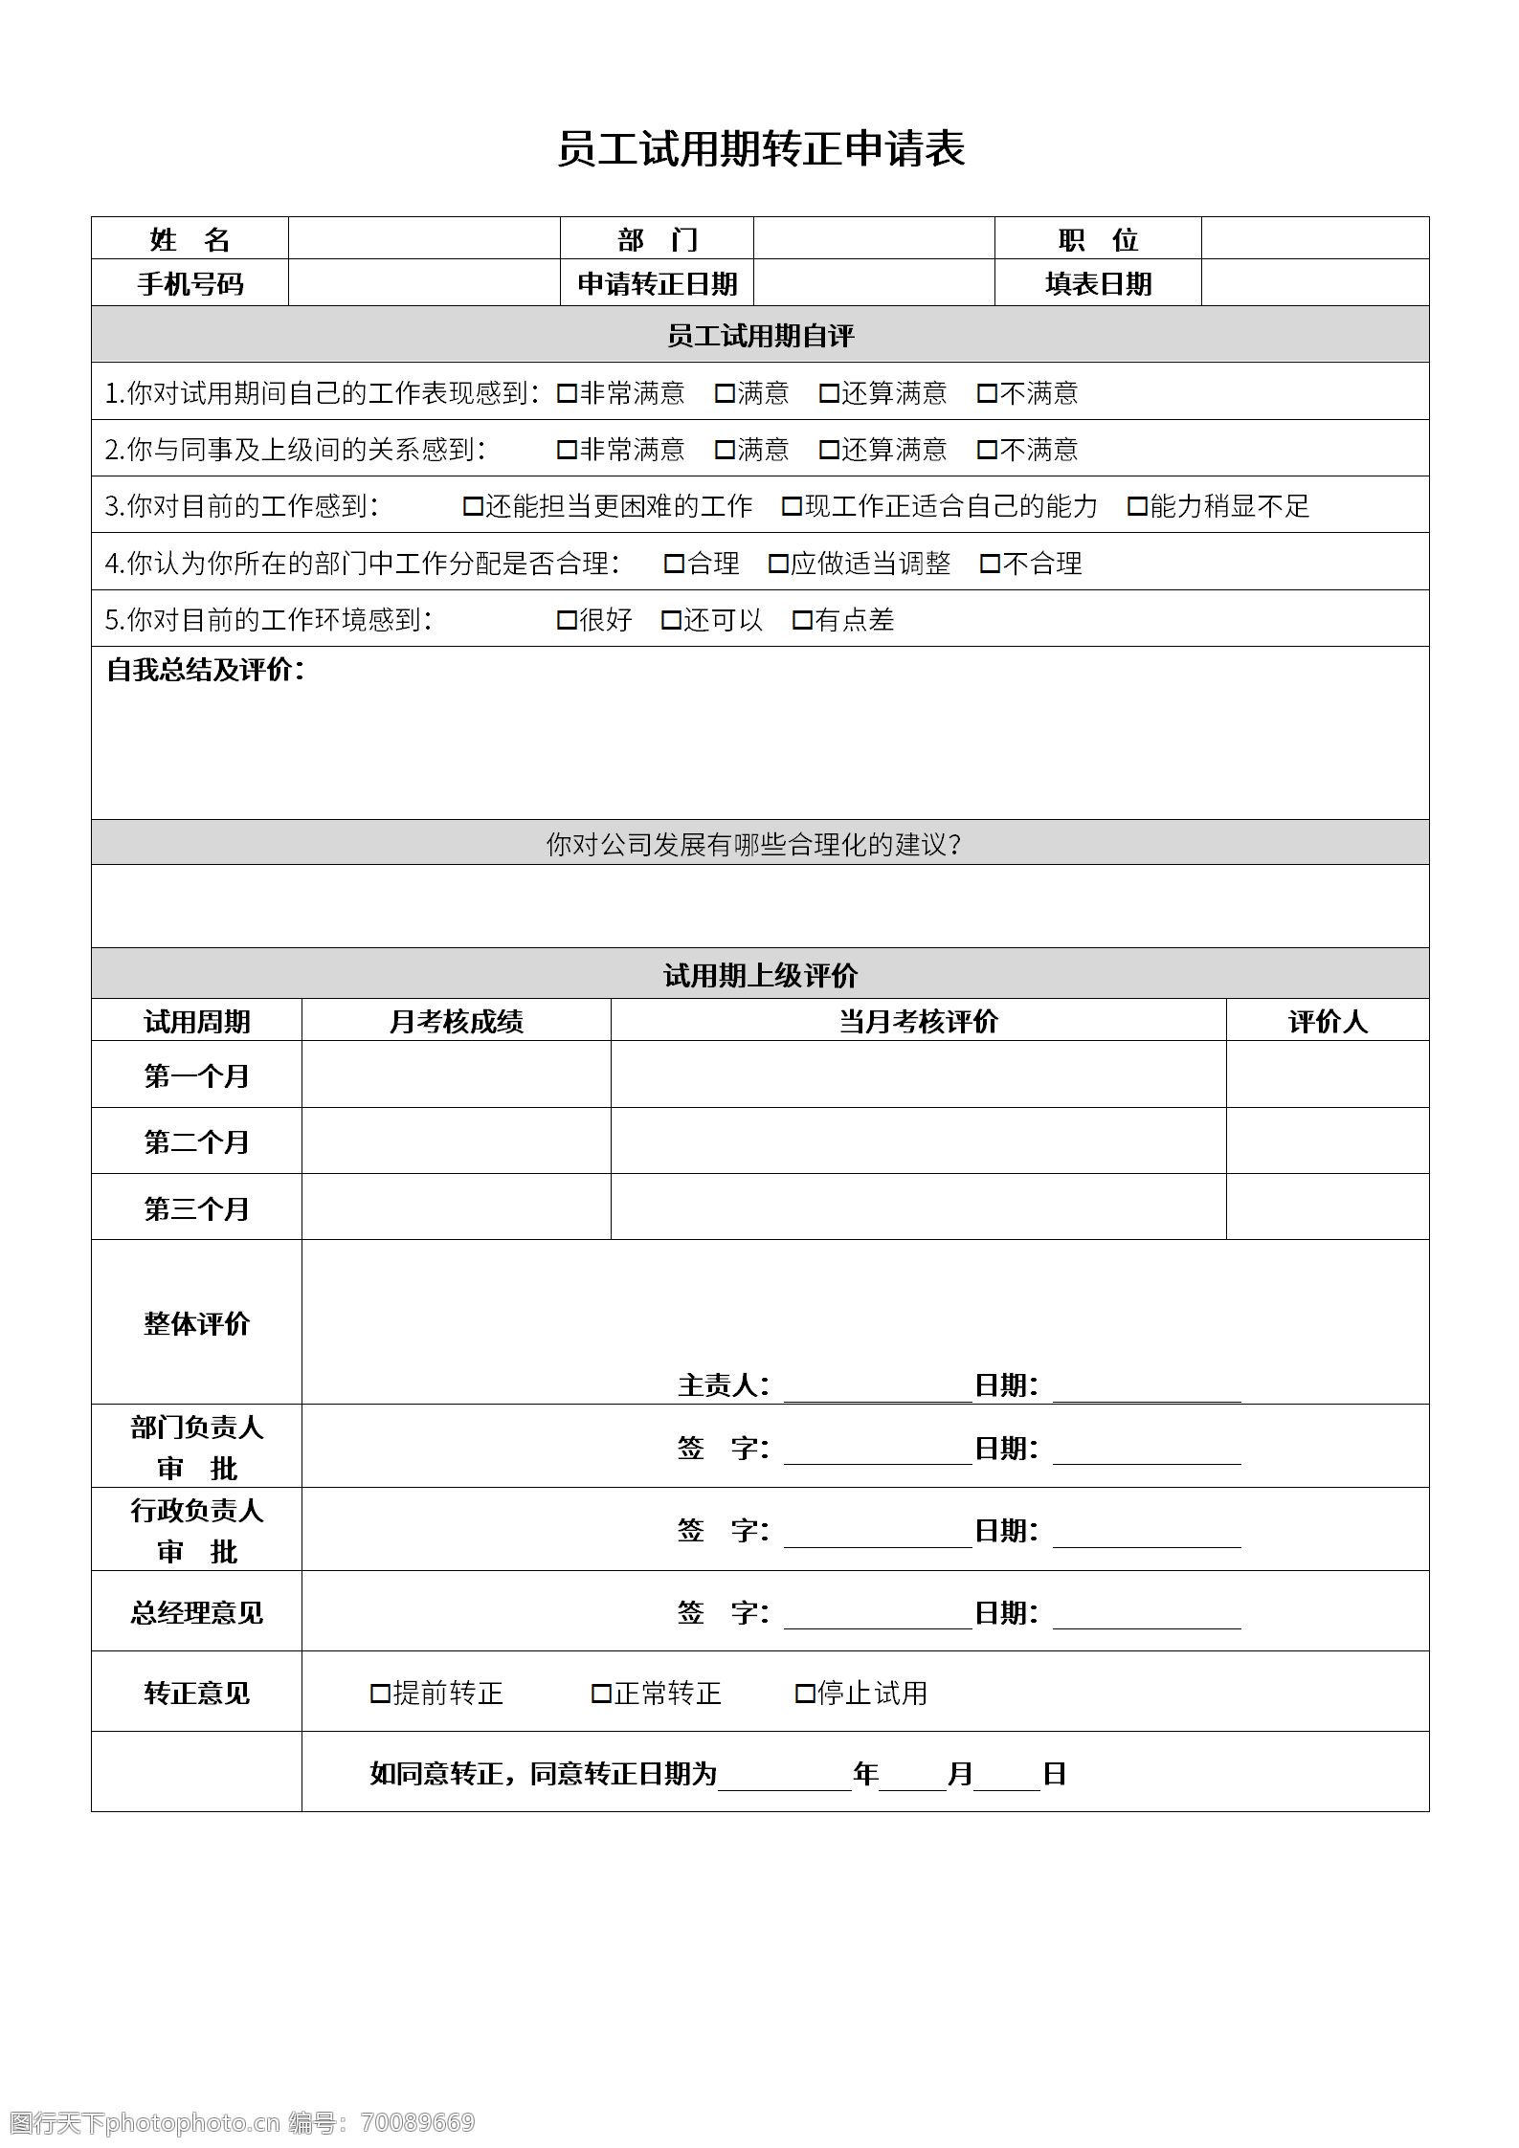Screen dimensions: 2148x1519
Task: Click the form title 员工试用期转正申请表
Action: pos(761,149)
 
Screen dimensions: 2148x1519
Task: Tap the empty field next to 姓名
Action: pos(423,238)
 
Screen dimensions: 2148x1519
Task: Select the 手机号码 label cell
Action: pos(190,283)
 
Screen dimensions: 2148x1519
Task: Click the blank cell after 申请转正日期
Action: pos(873,283)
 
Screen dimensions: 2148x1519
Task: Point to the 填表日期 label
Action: pos(1098,283)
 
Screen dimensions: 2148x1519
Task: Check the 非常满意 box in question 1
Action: pos(567,393)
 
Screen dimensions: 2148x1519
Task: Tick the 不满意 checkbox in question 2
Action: pos(987,450)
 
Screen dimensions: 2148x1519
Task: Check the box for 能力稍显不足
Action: pos(1137,506)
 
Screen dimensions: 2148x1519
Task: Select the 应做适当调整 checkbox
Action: pos(778,564)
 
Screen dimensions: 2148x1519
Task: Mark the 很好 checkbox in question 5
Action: pos(567,620)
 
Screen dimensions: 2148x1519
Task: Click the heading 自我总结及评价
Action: pos(205,670)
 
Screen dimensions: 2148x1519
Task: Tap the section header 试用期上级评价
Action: pos(760,975)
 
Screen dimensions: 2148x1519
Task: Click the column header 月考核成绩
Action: pos(456,1022)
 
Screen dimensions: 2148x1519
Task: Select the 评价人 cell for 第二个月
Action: pos(1327,1140)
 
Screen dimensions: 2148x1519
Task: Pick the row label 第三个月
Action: pos(196,1208)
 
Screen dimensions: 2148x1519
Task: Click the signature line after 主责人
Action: pos(877,1387)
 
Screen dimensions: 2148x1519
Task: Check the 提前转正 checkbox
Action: pos(380,1694)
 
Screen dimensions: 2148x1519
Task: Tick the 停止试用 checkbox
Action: pos(805,1694)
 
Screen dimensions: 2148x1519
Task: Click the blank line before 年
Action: pos(784,1776)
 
